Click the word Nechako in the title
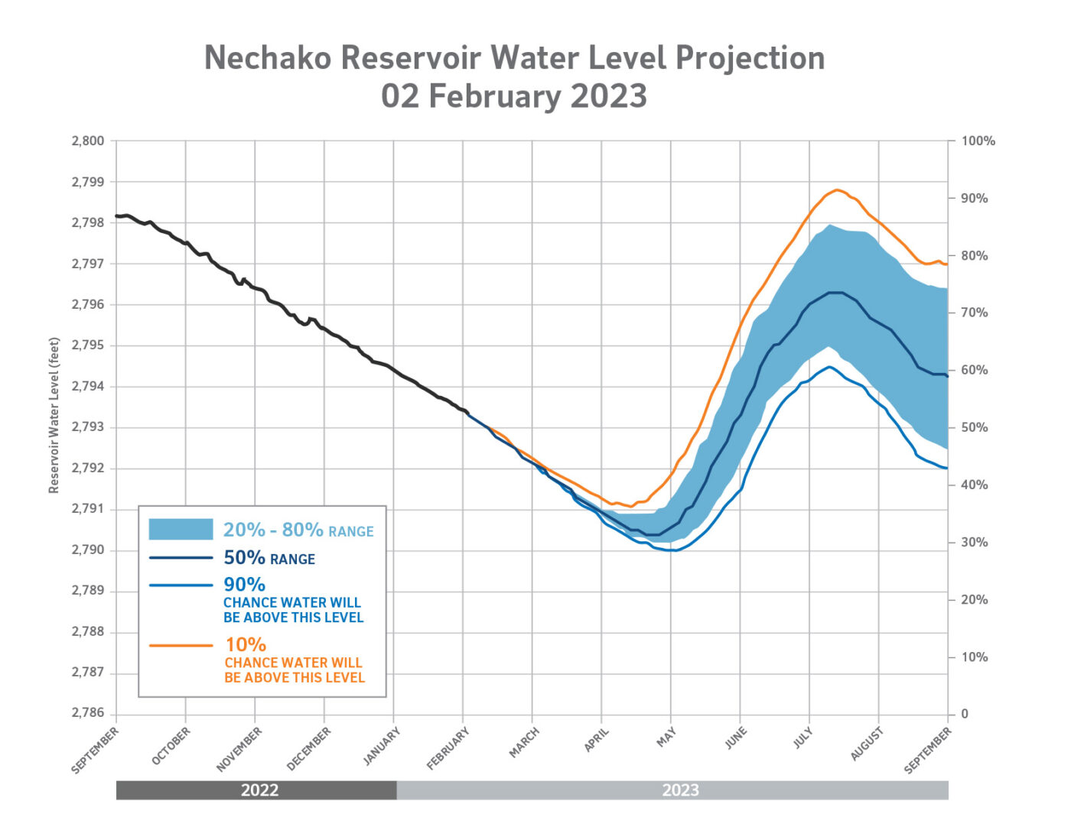point(268,58)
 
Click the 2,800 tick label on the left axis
point(87,141)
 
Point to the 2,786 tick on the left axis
point(87,713)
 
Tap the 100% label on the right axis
point(978,141)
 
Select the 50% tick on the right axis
point(974,427)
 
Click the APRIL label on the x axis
point(597,740)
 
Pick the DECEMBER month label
point(308,748)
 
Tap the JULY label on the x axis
point(802,738)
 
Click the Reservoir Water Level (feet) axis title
point(54,415)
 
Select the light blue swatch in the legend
point(181,529)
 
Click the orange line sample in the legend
point(181,646)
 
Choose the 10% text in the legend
point(246,645)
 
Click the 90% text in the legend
point(244,585)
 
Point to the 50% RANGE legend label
point(269,558)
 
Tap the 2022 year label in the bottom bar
point(259,790)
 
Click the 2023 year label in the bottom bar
point(680,790)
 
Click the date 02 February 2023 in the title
point(514,97)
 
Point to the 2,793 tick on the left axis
point(87,427)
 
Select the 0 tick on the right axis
point(964,714)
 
